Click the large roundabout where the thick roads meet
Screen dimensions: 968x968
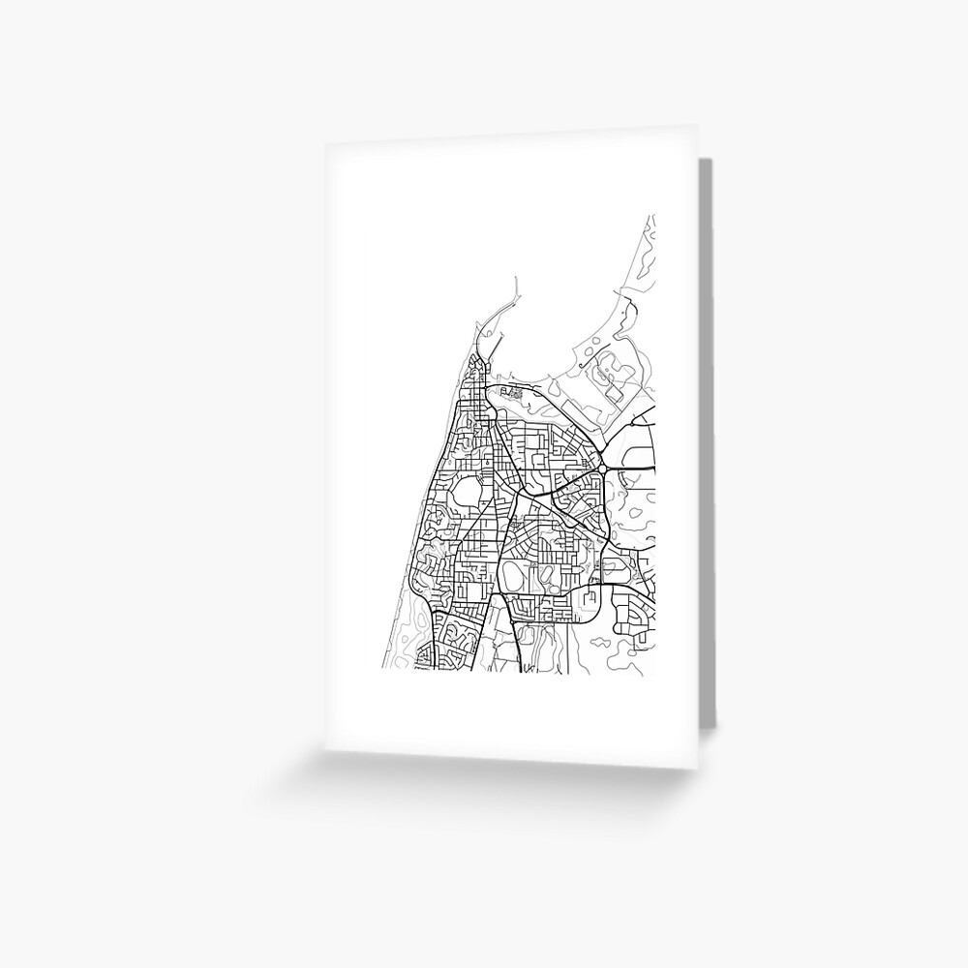tap(601, 468)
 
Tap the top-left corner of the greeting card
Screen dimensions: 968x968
tap(325, 142)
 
